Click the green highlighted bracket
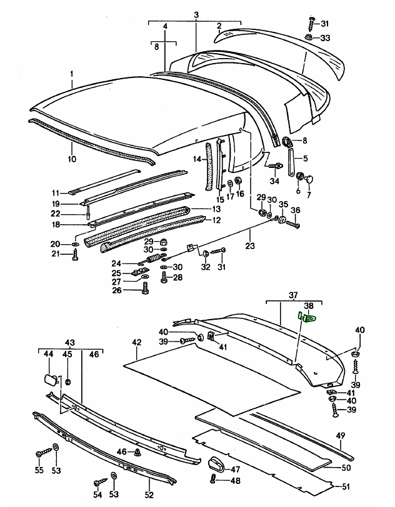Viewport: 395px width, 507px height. [307, 318]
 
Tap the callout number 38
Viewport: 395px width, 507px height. [309, 306]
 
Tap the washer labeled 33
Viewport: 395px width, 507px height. [308, 37]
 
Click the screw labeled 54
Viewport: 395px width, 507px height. [101, 482]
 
